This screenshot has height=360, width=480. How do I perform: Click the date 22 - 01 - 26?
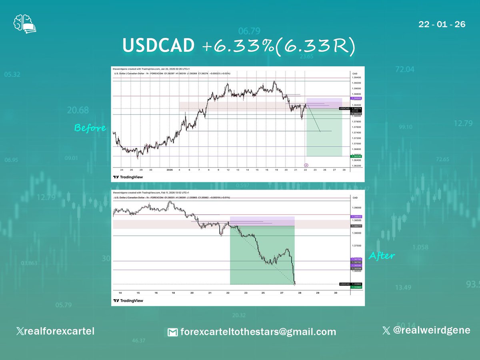click(442, 24)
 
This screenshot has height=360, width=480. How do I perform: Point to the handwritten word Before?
click(90, 128)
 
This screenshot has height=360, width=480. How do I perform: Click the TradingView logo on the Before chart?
click(128, 177)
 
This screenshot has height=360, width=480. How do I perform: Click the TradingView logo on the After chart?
click(128, 300)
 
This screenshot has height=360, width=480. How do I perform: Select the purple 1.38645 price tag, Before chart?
click(345, 98)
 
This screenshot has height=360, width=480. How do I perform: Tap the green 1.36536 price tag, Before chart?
click(345, 156)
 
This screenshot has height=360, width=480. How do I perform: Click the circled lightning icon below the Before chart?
click(306, 164)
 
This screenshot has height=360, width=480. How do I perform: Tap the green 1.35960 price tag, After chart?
click(356, 287)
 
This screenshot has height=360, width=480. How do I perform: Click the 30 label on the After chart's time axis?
click(336, 293)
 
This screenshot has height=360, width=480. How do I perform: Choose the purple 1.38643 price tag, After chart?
click(356, 217)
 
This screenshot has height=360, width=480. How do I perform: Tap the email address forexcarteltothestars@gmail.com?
click(252, 332)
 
